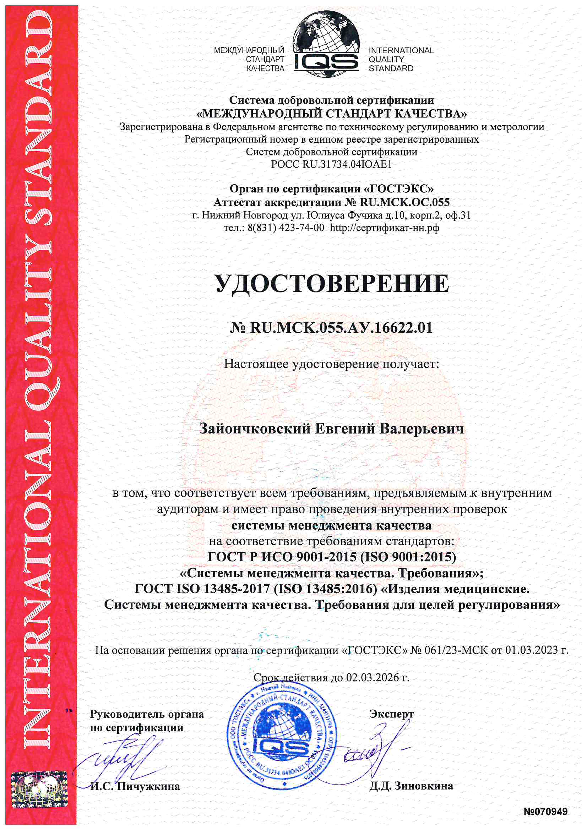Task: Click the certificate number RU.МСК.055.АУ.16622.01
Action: [341, 328]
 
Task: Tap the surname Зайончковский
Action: [255, 429]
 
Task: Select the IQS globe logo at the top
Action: [326, 44]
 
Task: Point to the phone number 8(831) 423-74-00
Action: [286, 228]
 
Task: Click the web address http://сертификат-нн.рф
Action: [385, 228]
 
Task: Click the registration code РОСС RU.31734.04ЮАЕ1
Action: [331, 164]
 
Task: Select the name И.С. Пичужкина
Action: [135, 787]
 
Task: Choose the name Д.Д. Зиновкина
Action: [411, 786]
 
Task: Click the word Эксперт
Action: [391, 714]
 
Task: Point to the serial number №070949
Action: [545, 812]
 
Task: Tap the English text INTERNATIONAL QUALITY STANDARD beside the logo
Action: [401, 59]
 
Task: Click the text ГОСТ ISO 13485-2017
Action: [202, 589]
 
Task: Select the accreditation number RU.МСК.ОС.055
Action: [404, 202]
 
